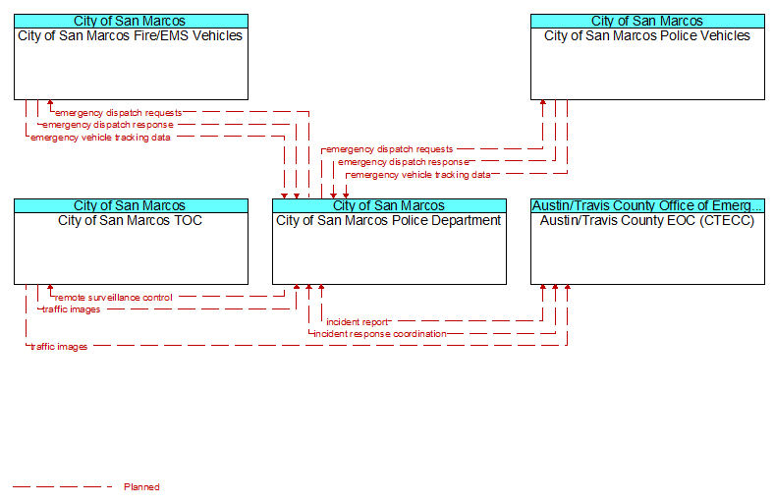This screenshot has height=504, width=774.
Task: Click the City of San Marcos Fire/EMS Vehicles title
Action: [x=131, y=36]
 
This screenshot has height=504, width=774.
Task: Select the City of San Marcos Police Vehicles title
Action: [x=647, y=36]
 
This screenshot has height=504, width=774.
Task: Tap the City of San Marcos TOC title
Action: [x=131, y=221]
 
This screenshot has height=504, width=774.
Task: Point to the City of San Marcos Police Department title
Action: [x=389, y=221]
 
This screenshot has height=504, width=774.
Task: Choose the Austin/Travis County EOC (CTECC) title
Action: [x=647, y=221]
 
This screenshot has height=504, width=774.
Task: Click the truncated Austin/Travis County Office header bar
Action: [x=647, y=206]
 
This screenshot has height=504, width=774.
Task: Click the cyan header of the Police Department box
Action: [x=390, y=206]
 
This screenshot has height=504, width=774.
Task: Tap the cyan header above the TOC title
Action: [x=131, y=206]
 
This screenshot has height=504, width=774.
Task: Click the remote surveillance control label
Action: [x=114, y=298]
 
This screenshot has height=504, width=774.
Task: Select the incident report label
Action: [x=358, y=322]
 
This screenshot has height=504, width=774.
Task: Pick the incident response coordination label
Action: [x=380, y=334]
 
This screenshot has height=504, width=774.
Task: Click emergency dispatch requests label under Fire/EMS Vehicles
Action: [x=119, y=113]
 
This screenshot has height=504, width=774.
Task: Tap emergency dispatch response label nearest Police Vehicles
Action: [x=404, y=162]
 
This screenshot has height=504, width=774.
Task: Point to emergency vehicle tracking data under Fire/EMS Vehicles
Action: [x=100, y=138]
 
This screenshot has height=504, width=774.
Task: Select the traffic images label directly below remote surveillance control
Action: [x=71, y=309]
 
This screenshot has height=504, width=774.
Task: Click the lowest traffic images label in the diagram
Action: [x=59, y=347]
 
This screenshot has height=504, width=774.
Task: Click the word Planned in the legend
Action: [x=141, y=487]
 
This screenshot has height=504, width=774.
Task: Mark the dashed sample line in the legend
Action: [x=63, y=487]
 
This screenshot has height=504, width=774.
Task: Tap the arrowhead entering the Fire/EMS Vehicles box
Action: [x=50, y=103]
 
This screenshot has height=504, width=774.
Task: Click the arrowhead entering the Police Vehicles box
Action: [x=543, y=103]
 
